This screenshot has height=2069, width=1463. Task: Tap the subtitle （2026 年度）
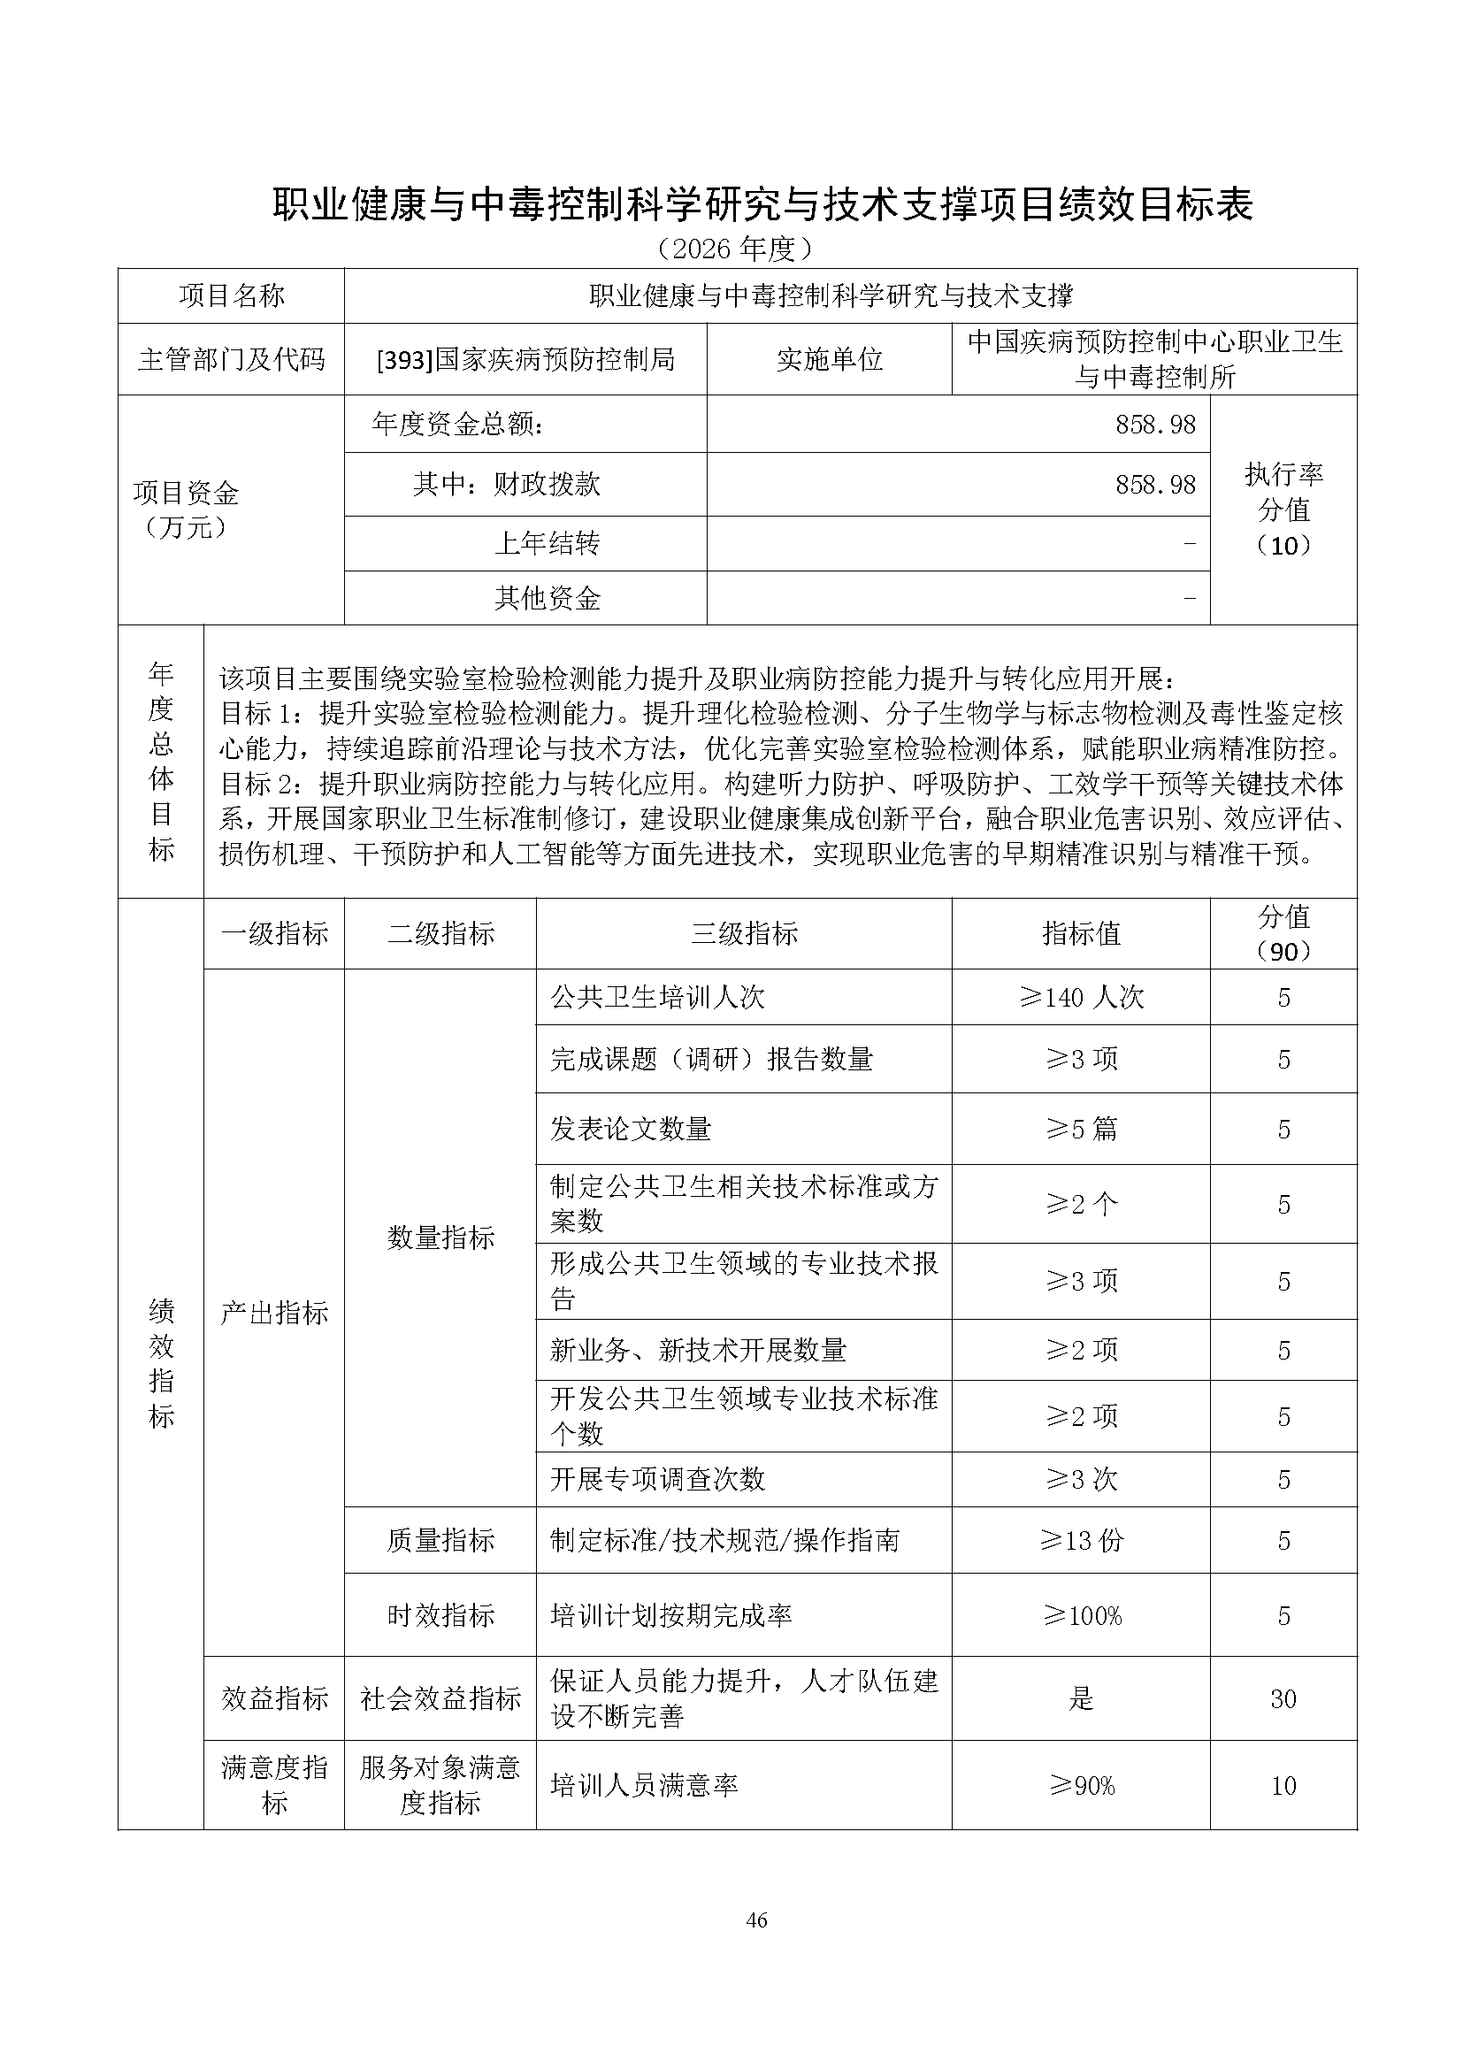[736, 249]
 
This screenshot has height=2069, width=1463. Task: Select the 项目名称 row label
[232, 295]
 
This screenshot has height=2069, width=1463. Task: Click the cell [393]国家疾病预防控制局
[525, 359]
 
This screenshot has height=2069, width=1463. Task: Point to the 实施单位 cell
[829, 359]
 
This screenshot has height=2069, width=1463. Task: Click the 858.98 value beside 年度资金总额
[1155, 425]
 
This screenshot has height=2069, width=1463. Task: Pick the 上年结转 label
[547, 543]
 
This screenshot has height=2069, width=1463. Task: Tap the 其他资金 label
[547, 598]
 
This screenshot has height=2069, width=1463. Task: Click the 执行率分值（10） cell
[1283, 510]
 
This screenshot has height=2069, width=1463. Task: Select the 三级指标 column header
[744, 933]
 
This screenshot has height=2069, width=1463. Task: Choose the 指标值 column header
[1081, 933]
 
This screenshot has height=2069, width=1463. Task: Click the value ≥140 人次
[1081, 998]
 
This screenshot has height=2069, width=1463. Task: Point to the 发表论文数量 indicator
[631, 1129]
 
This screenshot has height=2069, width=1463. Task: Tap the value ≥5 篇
[1081, 1129]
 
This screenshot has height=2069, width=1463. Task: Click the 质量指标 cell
[440, 1540]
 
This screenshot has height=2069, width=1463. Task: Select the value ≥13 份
[1081, 1540]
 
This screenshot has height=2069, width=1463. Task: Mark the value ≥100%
[1081, 1615]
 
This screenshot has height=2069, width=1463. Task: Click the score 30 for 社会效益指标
[1283, 1698]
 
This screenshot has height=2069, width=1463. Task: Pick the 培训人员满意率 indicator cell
[644, 1785]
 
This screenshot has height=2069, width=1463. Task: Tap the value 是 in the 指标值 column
[1081, 1698]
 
